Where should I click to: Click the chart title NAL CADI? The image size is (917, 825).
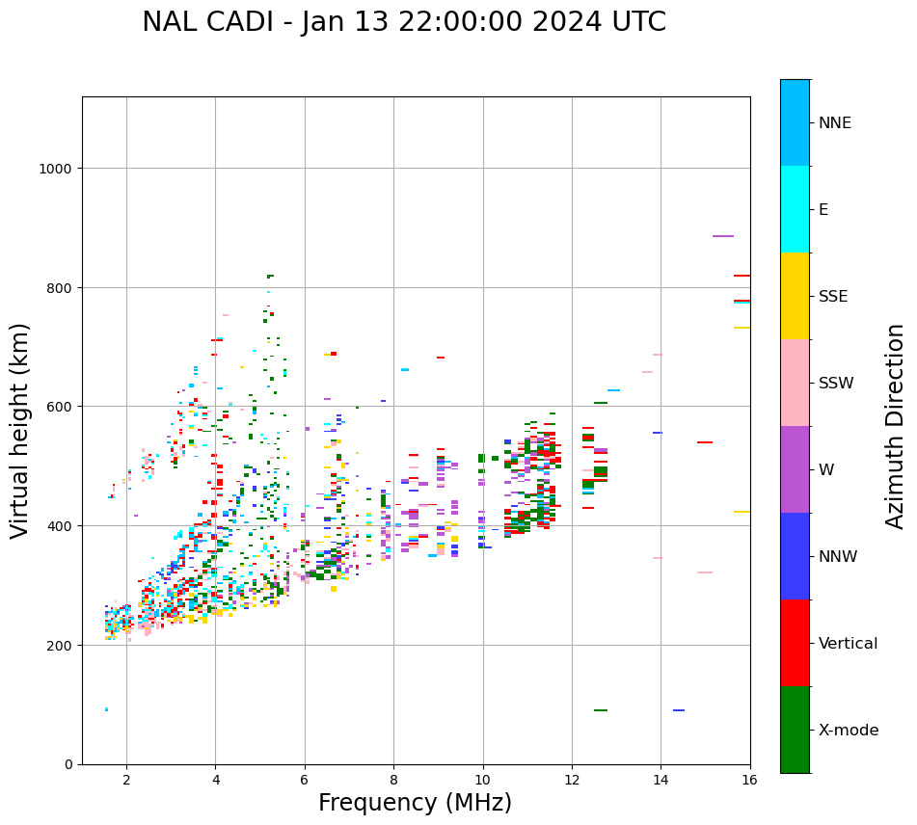pos(403,22)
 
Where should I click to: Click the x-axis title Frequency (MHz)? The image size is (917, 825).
pos(415,803)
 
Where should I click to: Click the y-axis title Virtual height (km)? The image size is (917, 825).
pos(20,431)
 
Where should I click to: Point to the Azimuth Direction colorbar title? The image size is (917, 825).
pos(896,426)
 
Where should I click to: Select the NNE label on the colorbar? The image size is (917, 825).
pos(835,122)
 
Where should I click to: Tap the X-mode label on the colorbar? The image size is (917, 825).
pos(849,731)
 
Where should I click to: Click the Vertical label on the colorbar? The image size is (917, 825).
pos(849,644)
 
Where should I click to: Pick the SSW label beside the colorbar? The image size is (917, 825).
pos(836,383)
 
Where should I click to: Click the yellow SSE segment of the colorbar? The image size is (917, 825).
pos(795,296)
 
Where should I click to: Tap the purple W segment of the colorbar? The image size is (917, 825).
pos(795,469)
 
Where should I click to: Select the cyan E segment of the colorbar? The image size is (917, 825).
pos(795,209)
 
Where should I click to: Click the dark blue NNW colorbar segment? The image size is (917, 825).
pos(795,556)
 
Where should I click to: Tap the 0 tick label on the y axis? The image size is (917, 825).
pos(68,764)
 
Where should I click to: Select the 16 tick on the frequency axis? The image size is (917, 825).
pos(749,780)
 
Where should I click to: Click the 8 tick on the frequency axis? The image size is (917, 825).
pos(393,780)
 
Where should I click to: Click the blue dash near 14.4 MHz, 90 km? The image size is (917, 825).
pos(679,710)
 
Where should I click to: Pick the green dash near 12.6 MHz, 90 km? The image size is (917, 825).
pos(601,710)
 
